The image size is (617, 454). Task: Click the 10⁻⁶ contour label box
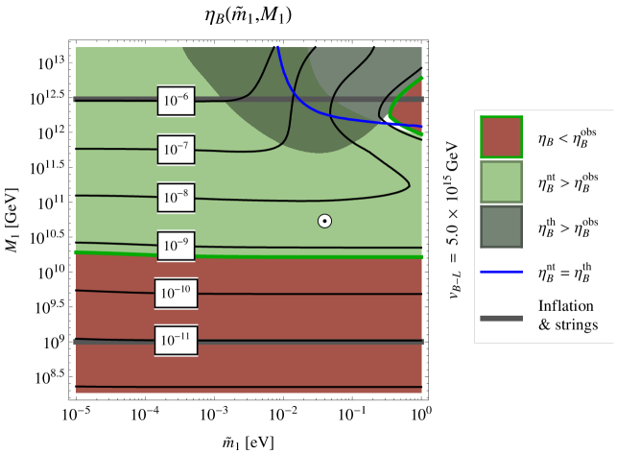(x=177, y=100)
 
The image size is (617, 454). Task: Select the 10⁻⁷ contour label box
(x=177, y=149)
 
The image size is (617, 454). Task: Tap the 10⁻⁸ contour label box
(x=177, y=198)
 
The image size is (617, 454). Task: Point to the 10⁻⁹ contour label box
(x=177, y=246)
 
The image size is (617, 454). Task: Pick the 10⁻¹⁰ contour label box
(x=177, y=294)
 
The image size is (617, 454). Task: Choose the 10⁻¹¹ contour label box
(x=177, y=341)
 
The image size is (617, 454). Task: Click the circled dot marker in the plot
(x=325, y=221)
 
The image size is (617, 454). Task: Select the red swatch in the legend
(x=501, y=137)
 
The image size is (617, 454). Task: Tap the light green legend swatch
(x=501, y=181)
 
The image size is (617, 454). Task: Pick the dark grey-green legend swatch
(x=501, y=227)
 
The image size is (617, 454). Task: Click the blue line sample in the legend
(x=501, y=272)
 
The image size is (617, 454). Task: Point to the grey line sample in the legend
(x=501, y=317)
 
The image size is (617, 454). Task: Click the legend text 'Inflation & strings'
(x=568, y=316)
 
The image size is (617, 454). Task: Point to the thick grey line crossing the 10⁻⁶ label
(x=115, y=99)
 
